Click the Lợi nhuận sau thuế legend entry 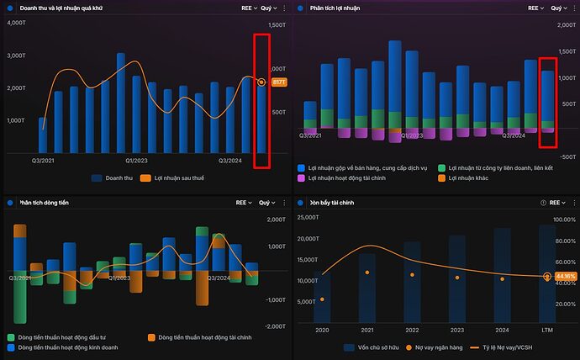(177, 177)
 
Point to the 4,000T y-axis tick (17, 23)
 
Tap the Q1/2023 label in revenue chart (137, 160)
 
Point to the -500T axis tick (567, 156)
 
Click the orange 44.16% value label (565, 276)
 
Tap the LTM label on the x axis (547, 331)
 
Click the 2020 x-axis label (323, 331)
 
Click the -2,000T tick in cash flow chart (277, 326)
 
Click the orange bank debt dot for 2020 (323, 299)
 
